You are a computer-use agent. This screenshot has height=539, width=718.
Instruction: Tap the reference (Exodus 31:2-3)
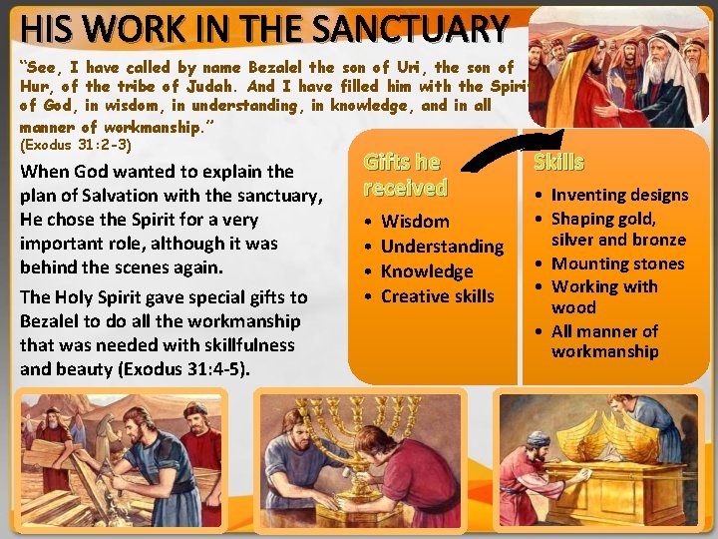point(76,144)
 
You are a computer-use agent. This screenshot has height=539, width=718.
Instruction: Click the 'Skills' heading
point(558,162)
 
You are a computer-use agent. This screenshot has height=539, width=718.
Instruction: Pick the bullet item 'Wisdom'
point(415,222)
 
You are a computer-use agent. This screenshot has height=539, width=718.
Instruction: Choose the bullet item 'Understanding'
point(442,247)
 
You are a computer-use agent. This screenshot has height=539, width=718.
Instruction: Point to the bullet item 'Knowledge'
point(427,271)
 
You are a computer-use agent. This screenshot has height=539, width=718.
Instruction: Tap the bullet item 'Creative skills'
point(437,295)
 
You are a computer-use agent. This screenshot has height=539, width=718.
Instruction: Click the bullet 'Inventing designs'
point(619,195)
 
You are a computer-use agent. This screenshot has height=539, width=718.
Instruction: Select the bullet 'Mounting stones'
point(617,264)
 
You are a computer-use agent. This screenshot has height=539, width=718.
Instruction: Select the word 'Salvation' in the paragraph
point(127,195)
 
